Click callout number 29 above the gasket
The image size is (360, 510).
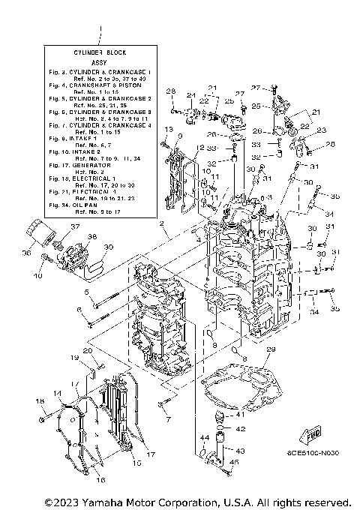point(271,349)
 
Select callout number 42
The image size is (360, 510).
point(241,428)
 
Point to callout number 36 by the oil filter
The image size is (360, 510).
point(27,253)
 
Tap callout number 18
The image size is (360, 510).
point(39,401)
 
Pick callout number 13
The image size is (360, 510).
point(169,130)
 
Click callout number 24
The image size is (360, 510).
point(190,94)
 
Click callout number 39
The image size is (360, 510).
point(108,247)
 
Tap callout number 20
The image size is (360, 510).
point(88,350)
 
